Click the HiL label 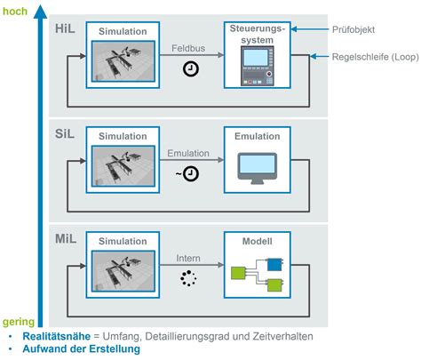coord(65,29)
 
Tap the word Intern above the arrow coord(190,260)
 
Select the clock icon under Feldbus coord(191,69)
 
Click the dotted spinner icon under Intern coord(190,279)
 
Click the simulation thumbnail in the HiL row coord(123,64)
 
